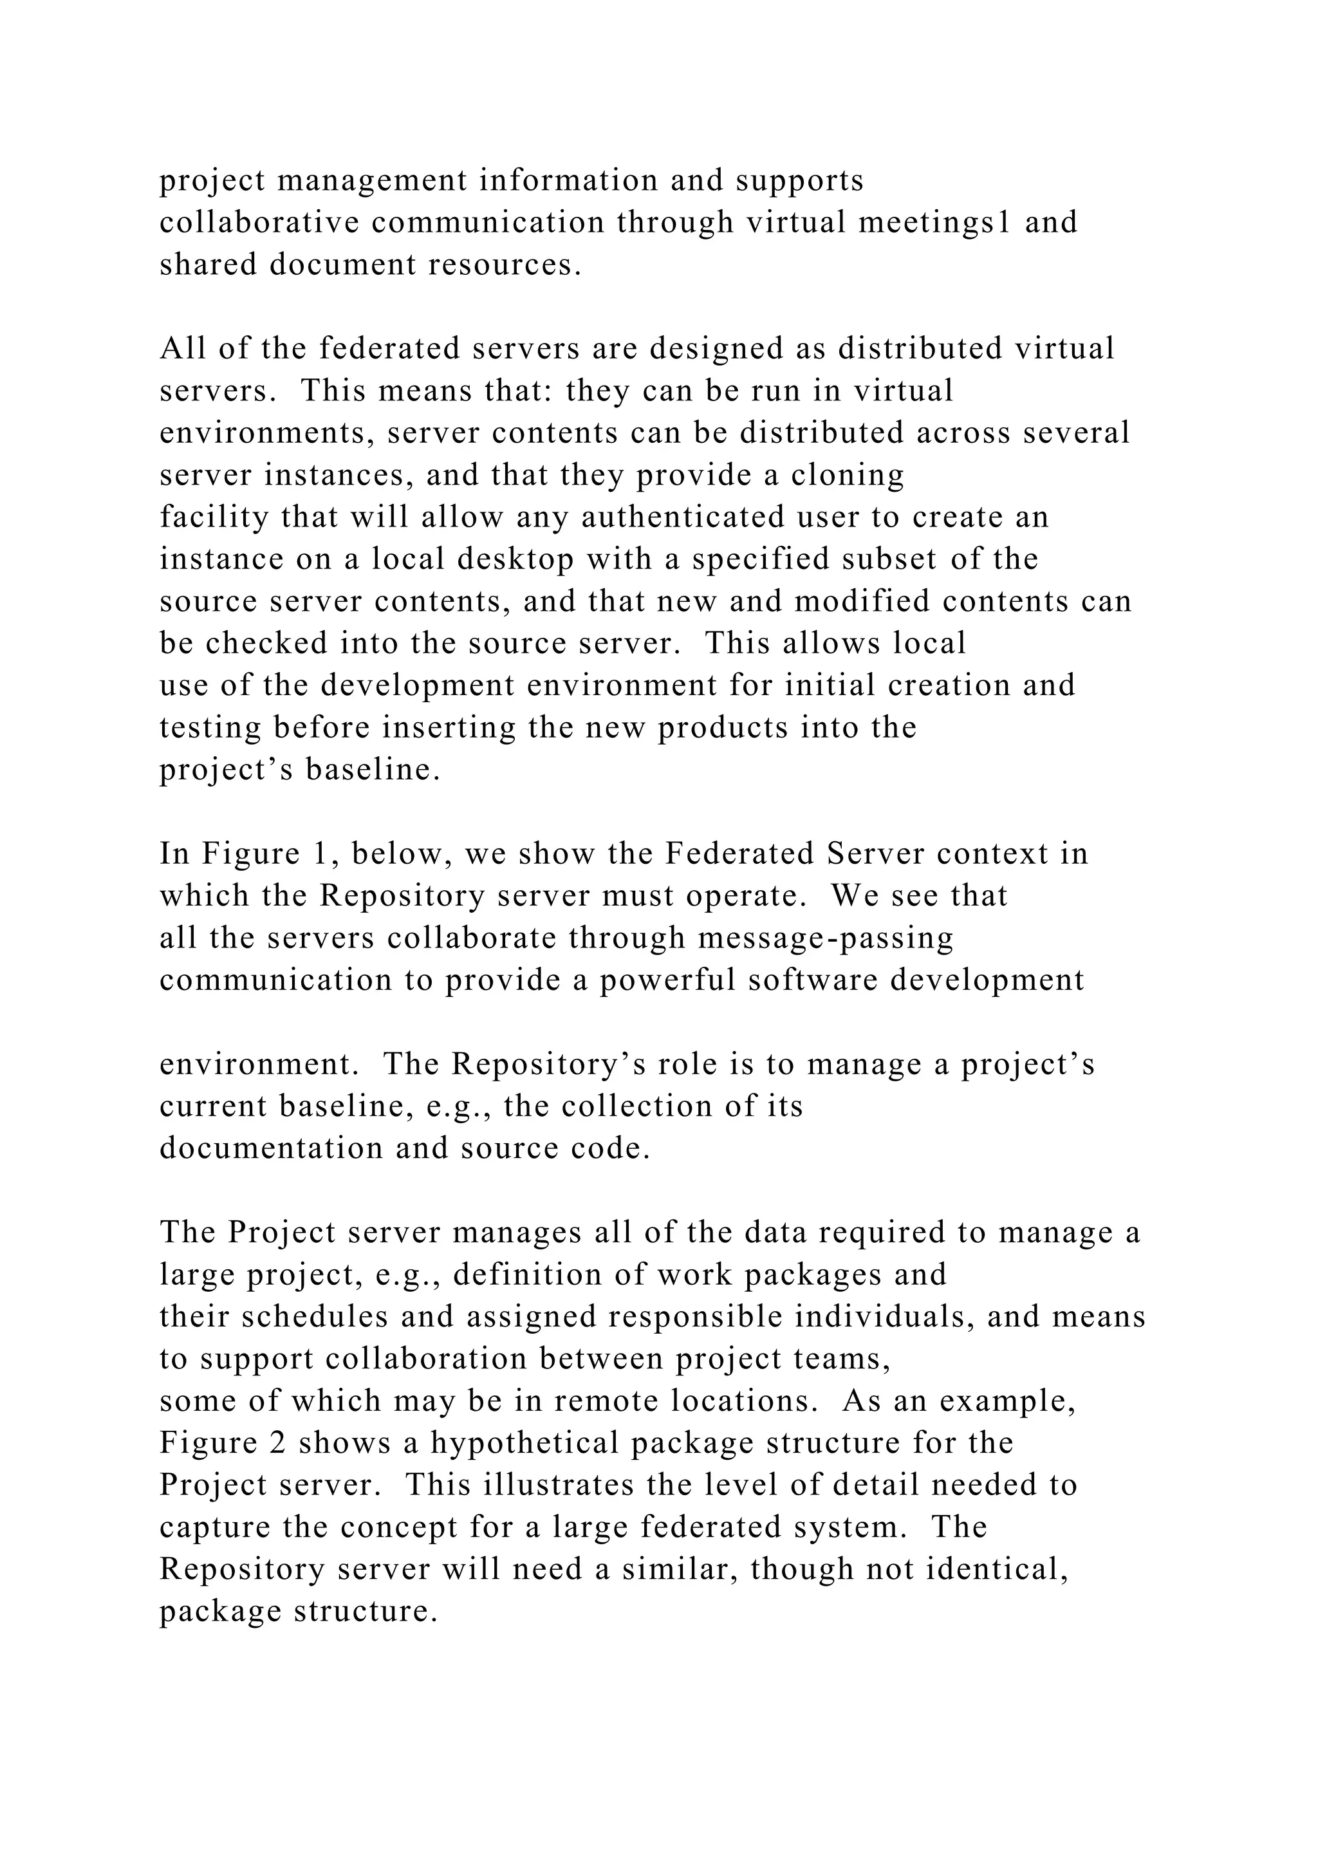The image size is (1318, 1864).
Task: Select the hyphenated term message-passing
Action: click(x=826, y=938)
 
